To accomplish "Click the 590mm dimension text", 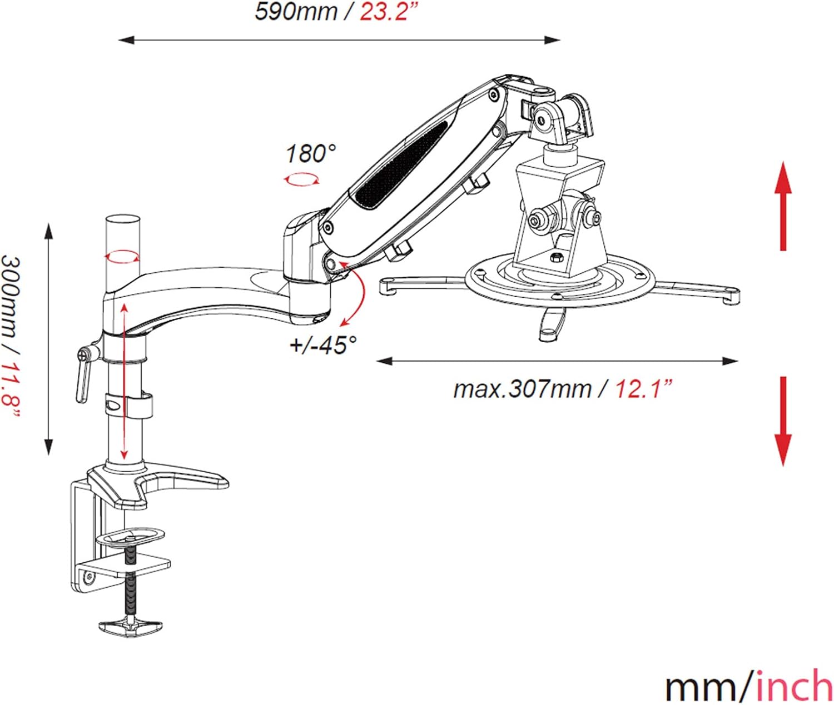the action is [x=296, y=12].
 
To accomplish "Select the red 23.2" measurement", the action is [x=388, y=12].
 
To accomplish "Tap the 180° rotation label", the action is [x=311, y=154].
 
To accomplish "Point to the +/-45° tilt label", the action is [x=323, y=345].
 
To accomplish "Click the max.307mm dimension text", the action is [x=523, y=390].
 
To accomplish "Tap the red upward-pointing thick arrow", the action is [x=783, y=206].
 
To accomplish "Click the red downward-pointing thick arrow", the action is [x=783, y=422].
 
